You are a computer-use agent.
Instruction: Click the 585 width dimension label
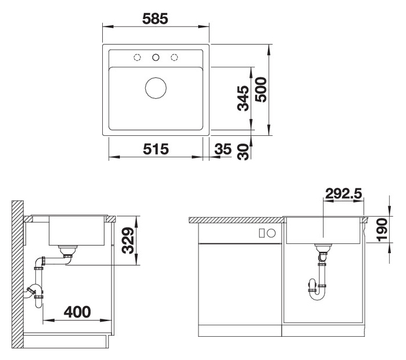tap(155, 19)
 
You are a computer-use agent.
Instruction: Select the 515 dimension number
tap(156, 149)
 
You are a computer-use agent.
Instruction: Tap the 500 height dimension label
tap(261, 89)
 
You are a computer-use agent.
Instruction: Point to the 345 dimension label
tap(243, 98)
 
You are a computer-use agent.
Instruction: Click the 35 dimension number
tap(222, 149)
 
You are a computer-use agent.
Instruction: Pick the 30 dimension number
tap(243, 152)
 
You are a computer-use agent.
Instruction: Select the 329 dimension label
tap(128, 240)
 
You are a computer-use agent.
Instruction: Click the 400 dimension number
tap(77, 312)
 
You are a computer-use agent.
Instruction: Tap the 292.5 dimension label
tap(343, 193)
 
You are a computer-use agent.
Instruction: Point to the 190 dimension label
tap(382, 230)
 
